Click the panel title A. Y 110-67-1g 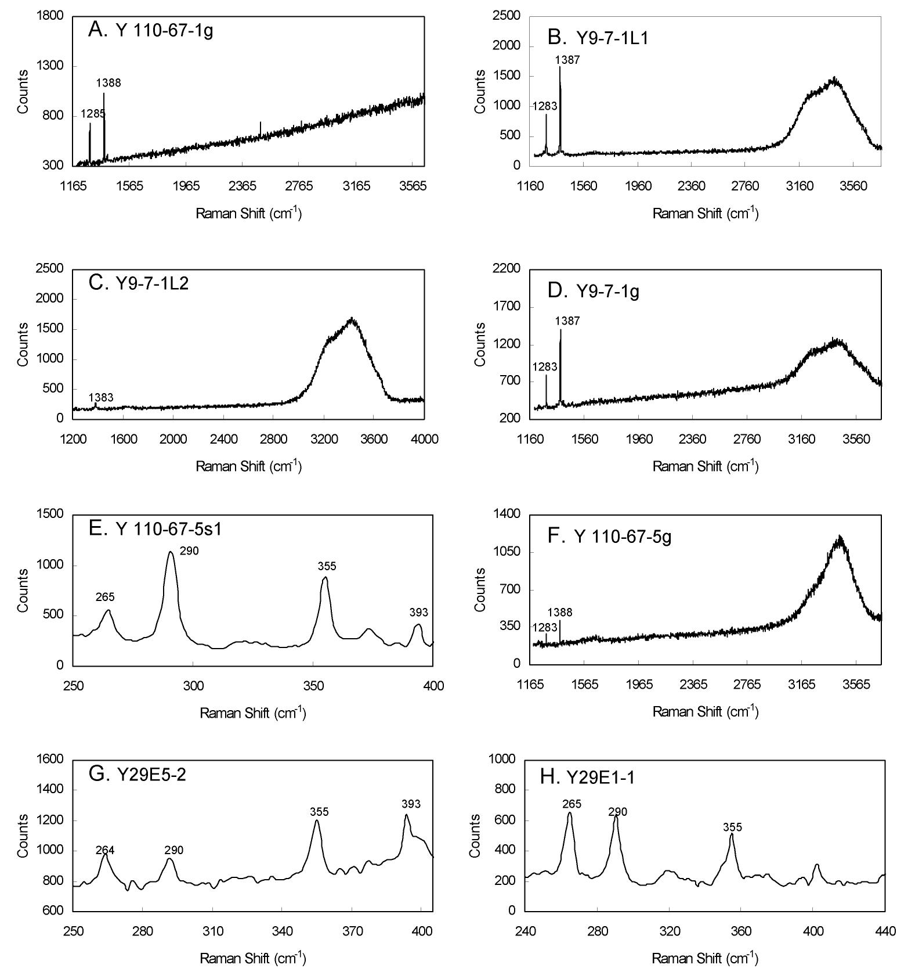tap(150, 30)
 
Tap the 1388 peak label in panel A tap(108, 83)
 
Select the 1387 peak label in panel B tap(567, 60)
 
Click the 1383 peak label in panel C tap(101, 398)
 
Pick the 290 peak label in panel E tap(189, 551)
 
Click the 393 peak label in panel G tap(411, 804)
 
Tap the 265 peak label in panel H tap(572, 804)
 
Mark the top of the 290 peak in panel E tap(171, 552)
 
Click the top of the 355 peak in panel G tap(317, 820)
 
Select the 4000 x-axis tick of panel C tap(424, 439)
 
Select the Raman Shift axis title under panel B tap(706, 213)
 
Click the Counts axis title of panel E tap(23, 590)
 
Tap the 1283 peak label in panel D tap(545, 367)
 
